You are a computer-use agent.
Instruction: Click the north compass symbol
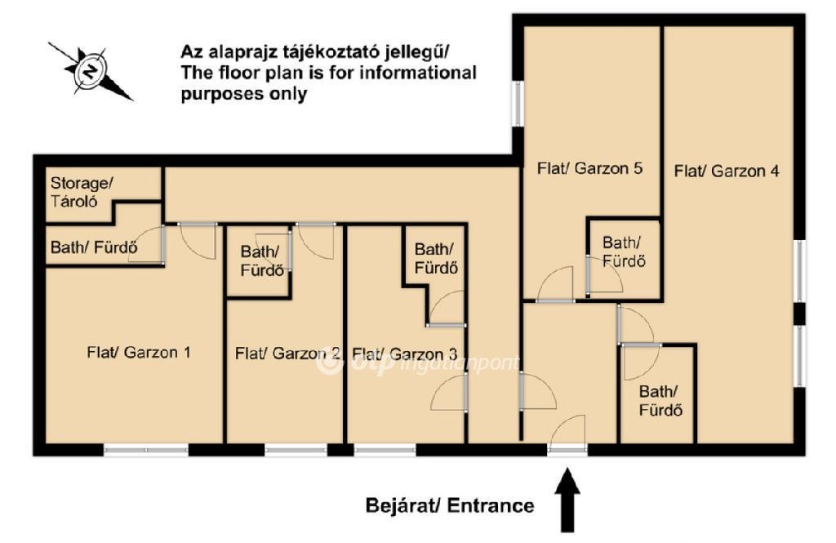click(91, 71)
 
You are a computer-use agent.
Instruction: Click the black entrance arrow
click(567, 500)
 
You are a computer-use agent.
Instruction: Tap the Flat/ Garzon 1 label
click(139, 352)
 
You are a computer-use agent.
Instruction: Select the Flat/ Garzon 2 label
click(287, 353)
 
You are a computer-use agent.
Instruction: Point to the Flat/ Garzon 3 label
click(405, 354)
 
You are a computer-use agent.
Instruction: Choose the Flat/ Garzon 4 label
click(727, 171)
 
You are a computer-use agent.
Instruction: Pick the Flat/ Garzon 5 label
click(589, 168)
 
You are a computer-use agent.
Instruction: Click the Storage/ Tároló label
click(82, 192)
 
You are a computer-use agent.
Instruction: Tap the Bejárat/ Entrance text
click(450, 505)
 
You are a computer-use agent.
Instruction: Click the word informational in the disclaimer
click(417, 72)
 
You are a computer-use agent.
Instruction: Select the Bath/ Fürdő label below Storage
click(95, 247)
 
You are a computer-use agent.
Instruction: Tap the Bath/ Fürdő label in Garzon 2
click(261, 260)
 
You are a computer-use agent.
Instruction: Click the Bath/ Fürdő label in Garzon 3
click(436, 258)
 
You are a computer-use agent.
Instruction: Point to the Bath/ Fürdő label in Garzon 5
click(624, 251)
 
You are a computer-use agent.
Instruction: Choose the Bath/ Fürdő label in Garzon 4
click(660, 401)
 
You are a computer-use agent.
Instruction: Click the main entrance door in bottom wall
click(567, 450)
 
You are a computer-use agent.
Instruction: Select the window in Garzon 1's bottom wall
click(146, 450)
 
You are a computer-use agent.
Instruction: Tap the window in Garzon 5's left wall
click(517, 104)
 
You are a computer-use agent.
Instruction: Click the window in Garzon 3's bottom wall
click(385, 450)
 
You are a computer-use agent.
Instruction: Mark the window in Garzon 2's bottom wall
click(296, 450)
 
